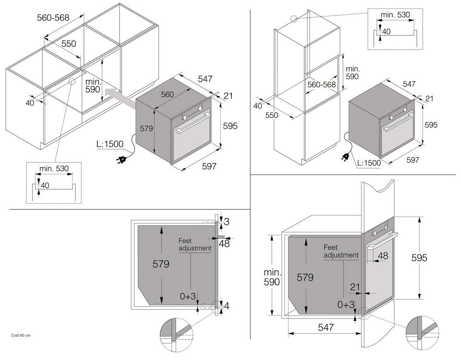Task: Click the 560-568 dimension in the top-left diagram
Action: tap(53, 18)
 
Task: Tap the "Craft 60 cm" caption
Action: tap(21, 335)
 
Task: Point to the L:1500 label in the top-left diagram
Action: tap(110, 144)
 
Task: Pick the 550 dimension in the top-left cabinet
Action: tap(68, 44)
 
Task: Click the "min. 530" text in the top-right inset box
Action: tap(395, 15)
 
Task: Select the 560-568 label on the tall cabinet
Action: tap(322, 85)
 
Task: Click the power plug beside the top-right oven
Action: tap(344, 157)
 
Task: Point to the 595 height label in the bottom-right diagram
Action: tap(419, 258)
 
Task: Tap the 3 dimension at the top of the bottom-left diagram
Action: tap(226, 222)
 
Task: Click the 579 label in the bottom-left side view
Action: tap(160, 264)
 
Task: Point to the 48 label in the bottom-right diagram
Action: tap(383, 255)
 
